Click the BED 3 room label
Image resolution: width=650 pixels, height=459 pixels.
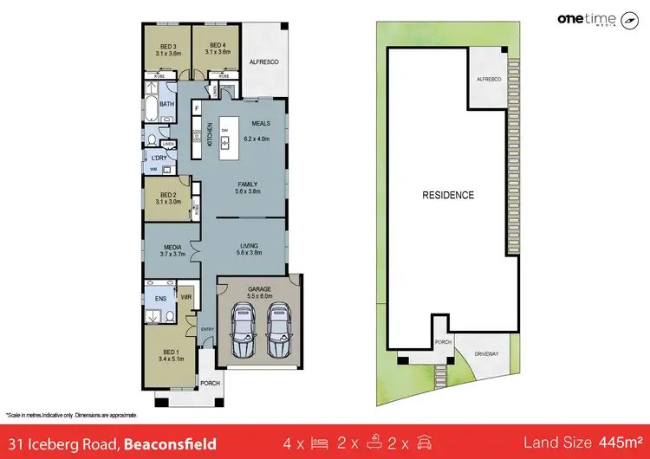tap(168, 47)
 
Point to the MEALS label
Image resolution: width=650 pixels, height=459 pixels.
tap(261, 125)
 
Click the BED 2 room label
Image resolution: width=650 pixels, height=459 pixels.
tap(167, 196)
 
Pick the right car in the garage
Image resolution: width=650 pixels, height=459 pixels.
tap(277, 332)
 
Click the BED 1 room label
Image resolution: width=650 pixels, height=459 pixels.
tap(167, 349)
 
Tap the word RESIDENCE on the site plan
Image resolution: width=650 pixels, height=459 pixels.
tap(448, 195)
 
